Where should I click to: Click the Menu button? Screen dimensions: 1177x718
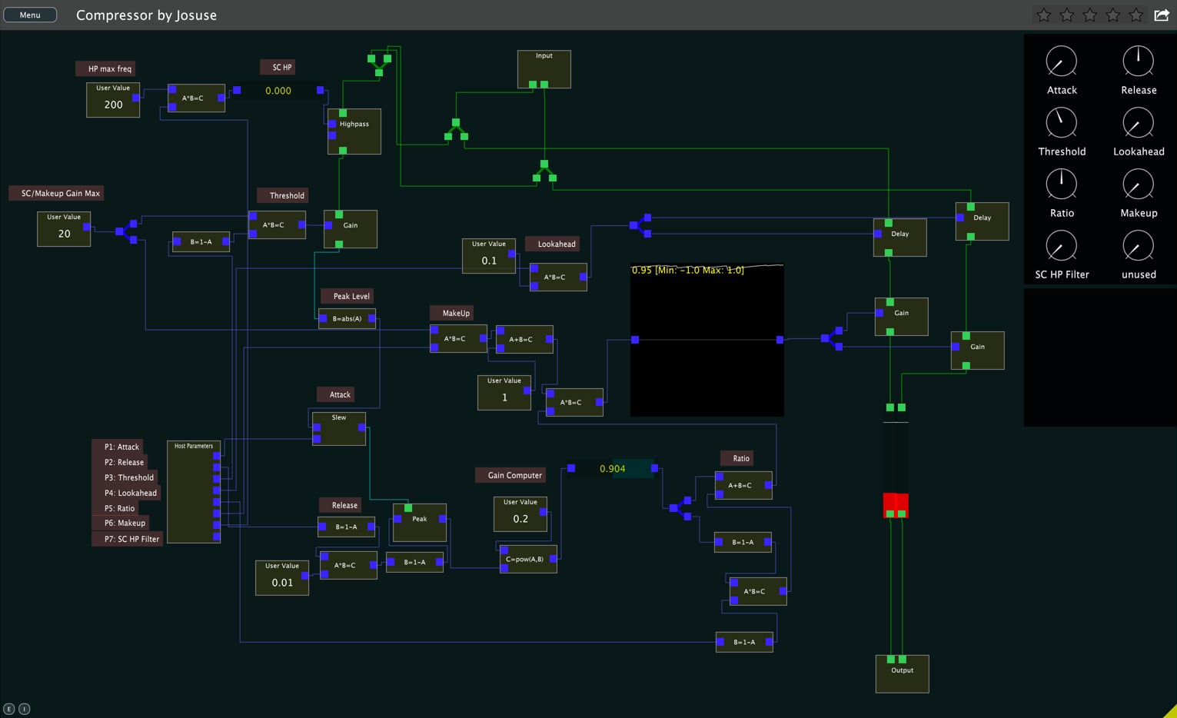click(x=30, y=15)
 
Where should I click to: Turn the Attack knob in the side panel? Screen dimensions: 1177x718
click(x=1061, y=61)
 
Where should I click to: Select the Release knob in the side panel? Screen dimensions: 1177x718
click(x=1138, y=61)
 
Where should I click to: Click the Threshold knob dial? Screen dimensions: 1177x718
click(x=1061, y=123)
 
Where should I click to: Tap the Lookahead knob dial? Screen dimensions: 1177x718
click(x=1138, y=123)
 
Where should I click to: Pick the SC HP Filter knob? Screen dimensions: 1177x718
click(x=1061, y=246)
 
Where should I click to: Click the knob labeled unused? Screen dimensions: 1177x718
click(x=1138, y=246)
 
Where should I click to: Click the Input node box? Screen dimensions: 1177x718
click(x=544, y=69)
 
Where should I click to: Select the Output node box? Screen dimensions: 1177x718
click(x=902, y=674)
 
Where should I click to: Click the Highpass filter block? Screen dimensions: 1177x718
click(x=354, y=131)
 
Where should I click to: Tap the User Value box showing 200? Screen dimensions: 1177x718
click(x=113, y=100)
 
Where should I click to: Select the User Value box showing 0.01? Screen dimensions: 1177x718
click(x=282, y=578)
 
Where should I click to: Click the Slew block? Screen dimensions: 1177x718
click(x=339, y=429)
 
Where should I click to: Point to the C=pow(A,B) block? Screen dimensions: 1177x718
click(x=528, y=559)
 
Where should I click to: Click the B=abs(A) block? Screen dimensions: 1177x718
click(x=347, y=318)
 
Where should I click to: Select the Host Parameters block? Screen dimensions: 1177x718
click(x=194, y=492)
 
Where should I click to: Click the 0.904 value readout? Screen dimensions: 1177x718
click(x=613, y=468)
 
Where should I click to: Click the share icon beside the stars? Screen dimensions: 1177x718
click(x=1161, y=15)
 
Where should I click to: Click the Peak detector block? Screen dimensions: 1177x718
click(x=419, y=523)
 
